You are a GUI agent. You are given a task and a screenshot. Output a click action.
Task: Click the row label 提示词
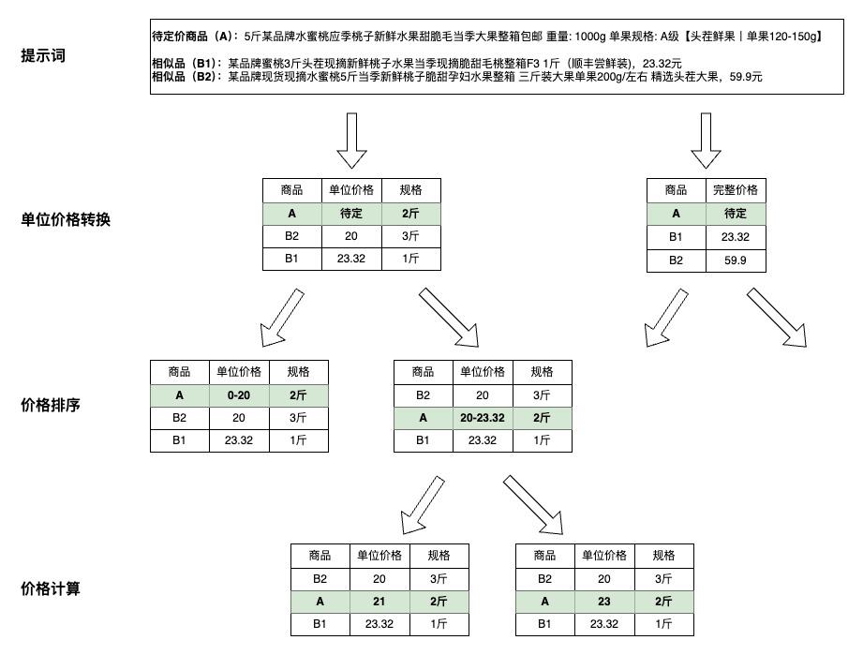43,55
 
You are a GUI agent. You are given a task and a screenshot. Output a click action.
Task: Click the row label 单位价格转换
66,219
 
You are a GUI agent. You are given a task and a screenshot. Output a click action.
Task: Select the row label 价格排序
51,405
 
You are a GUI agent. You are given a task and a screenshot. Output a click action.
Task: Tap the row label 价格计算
51,589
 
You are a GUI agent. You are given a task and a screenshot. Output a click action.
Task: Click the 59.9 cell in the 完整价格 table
736,261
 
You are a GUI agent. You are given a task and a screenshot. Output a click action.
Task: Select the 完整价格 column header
736,190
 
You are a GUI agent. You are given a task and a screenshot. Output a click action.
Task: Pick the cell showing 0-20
239,395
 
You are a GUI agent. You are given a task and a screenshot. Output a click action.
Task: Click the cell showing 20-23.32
483,418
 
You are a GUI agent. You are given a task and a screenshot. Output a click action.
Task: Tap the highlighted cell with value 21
379,602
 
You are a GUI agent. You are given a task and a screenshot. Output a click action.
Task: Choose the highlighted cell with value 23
604,602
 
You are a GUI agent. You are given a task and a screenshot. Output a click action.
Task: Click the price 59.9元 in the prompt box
746,77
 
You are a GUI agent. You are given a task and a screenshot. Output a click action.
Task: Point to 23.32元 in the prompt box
662,64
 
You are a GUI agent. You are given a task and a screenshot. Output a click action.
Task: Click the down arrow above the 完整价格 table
706,141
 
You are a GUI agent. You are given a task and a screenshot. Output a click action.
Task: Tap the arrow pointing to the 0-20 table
282,318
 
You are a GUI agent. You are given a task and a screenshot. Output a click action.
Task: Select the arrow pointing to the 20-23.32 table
449,318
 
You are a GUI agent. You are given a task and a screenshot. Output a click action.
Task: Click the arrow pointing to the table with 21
423,505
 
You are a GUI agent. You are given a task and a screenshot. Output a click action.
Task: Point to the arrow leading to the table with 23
533,505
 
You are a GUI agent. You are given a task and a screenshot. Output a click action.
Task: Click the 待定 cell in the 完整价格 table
736,214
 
